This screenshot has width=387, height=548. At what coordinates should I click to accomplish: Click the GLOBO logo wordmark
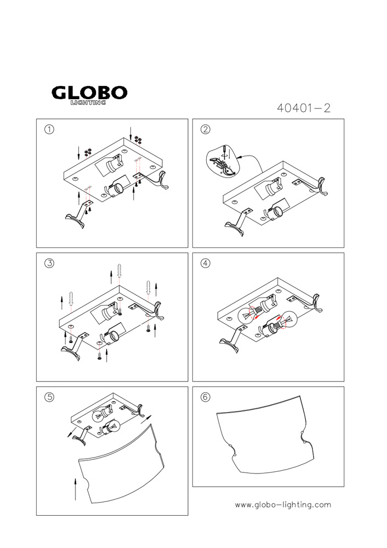click(89, 93)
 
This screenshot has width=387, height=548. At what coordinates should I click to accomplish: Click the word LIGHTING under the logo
click(88, 102)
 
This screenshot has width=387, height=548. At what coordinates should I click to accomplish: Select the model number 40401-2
click(304, 108)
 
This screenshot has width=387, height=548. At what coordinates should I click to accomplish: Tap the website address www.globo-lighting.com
click(283, 505)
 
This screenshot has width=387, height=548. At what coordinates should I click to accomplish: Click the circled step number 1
click(49, 129)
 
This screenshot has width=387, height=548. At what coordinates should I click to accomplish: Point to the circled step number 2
click(206, 129)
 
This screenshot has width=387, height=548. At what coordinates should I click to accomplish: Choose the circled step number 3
click(49, 263)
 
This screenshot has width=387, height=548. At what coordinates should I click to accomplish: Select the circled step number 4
click(206, 263)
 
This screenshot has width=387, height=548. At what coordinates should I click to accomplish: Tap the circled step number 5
click(49, 397)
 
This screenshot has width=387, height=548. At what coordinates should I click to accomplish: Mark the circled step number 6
click(206, 397)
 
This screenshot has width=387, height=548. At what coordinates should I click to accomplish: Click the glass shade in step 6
click(266, 435)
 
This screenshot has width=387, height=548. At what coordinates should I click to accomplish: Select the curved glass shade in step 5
click(121, 463)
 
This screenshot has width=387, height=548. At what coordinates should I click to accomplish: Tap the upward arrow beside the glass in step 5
click(76, 489)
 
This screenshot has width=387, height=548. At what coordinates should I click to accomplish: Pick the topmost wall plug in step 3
click(119, 271)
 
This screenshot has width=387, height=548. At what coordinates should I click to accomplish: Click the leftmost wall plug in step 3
click(71, 298)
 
